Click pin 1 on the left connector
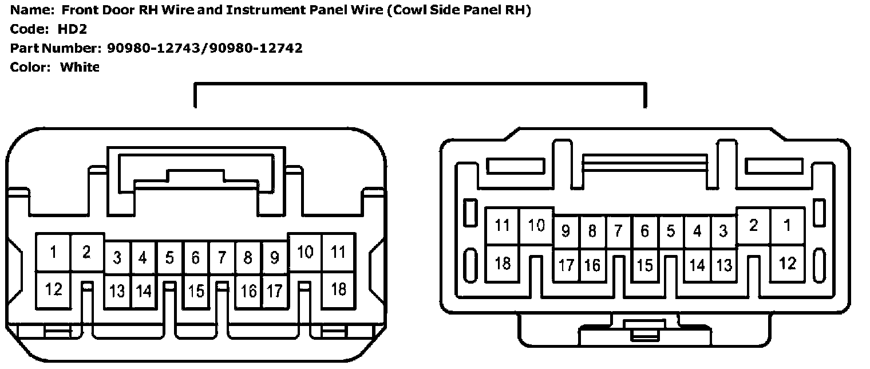pos(53,252)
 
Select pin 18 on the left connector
pos(339,289)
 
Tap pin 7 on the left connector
pos(222,258)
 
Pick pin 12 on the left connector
pos(53,289)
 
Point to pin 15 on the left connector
pos(196,291)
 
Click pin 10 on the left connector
pos(305,252)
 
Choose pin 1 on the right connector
pos(788,226)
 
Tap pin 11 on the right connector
pos(502,226)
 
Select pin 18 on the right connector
pos(502,264)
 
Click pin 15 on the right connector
pos(645,265)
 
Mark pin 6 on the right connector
pos(645,231)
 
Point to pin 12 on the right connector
pos(788,264)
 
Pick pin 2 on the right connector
pos(753,226)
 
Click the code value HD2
pos(73,30)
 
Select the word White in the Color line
pos(80,67)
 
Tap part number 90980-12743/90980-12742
pos(204,48)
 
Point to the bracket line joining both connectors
pos(421,84)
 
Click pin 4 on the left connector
pos(143,258)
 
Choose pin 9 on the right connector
pos(566,231)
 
